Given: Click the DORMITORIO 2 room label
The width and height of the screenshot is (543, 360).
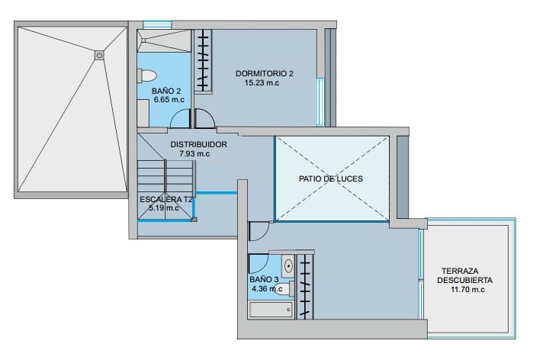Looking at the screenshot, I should click(x=265, y=73).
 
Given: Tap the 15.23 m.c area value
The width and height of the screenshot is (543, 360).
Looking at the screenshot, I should click(x=262, y=83).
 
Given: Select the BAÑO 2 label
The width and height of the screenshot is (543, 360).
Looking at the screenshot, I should click(x=166, y=91).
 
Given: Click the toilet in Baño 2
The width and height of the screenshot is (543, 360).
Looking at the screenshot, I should click(x=146, y=75).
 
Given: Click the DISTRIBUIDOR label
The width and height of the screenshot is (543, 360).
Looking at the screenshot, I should click(x=198, y=143).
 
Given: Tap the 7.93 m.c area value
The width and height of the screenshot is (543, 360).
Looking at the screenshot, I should click(x=194, y=153).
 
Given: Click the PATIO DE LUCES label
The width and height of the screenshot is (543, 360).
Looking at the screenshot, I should click(x=330, y=178).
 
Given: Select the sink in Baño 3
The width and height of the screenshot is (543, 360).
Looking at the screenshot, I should click(x=288, y=266).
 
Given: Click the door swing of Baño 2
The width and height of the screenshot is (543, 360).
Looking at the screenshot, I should click(x=181, y=119).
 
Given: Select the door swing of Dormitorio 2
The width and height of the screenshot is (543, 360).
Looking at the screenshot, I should click(x=204, y=119).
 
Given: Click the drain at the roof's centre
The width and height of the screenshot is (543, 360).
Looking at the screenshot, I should click(x=99, y=55).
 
